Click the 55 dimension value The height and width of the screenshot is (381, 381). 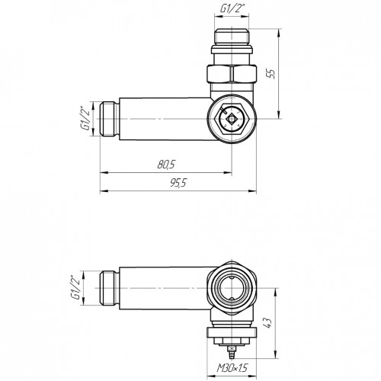coord(272,74)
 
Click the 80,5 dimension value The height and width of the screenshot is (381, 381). coord(166,165)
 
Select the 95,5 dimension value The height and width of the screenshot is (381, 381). coord(178,183)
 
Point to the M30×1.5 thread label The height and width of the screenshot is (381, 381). coord(232,368)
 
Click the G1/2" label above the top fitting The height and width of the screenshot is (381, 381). coord(231,9)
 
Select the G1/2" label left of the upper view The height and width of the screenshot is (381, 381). coord(87,118)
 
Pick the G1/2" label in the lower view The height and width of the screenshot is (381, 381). coord(76,288)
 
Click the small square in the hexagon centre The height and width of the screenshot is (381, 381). coord(232,119)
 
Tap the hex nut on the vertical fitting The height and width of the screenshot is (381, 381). coord(232,74)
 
